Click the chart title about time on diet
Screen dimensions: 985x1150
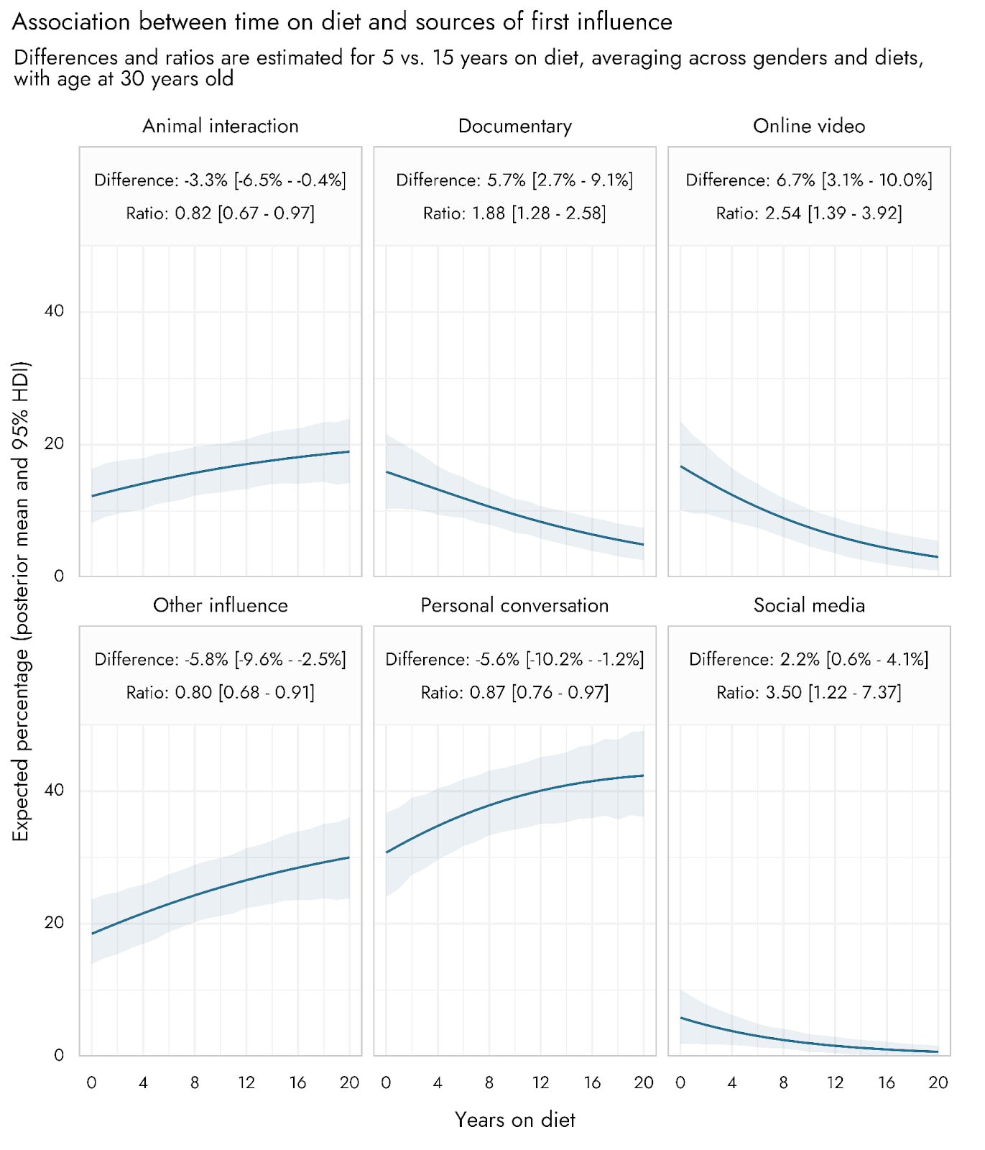[342, 22]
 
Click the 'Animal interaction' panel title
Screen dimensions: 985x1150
[221, 126]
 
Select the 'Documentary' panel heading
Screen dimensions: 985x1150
[515, 126]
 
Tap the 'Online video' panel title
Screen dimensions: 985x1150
[809, 126]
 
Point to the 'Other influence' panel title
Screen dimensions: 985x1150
[221, 605]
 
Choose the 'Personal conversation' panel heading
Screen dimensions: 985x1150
[514, 605]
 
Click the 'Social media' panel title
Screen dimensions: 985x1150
[809, 605]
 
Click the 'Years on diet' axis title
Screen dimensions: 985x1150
[515, 1120]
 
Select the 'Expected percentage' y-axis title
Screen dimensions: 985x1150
[21, 601]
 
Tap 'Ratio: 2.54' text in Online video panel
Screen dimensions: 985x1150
[758, 213]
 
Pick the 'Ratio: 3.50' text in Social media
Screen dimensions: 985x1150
[759, 692]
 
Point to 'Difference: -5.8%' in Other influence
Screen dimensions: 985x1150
[161, 659]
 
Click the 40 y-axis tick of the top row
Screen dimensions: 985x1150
[54, 311]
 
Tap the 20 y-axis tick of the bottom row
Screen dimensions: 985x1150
[54, 923]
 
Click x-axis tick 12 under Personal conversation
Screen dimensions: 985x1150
[540, 1082]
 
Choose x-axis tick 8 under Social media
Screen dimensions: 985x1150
[783, 1082]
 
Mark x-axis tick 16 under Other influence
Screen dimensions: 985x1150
[297, 1082]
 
